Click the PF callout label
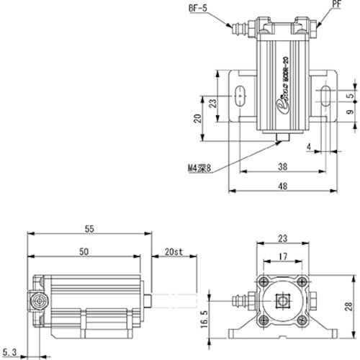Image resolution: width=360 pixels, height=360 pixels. click(x=336, y=4)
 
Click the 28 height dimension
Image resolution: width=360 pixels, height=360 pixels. click(x=350, y=308)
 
